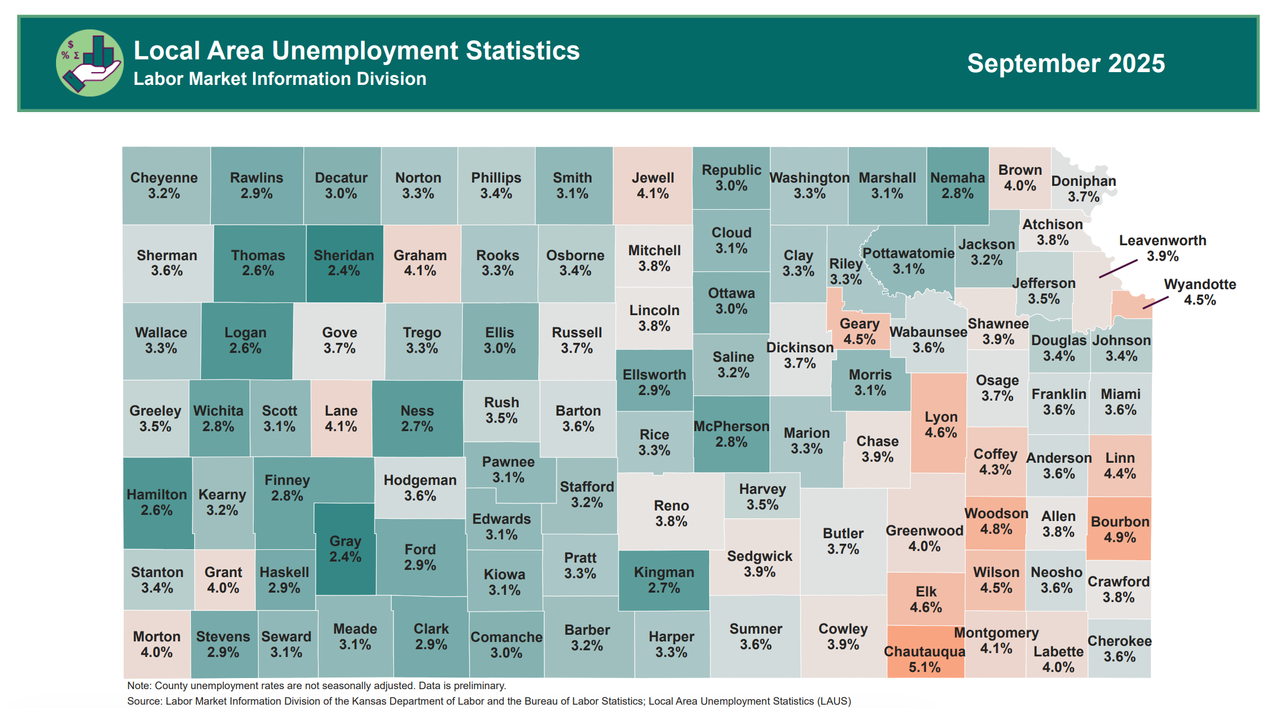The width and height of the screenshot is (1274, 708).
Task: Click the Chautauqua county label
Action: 924,651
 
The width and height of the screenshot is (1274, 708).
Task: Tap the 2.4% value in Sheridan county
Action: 343,271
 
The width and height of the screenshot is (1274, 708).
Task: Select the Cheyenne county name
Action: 164,178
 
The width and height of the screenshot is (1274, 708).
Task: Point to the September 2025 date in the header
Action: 1066,63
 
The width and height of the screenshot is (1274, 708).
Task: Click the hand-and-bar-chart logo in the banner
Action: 90,63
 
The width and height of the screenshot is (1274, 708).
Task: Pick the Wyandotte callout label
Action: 1200,285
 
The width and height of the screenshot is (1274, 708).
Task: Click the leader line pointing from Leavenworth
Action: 1118,269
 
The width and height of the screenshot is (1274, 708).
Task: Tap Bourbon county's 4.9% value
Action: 1120,537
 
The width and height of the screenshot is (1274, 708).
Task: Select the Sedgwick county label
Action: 760,556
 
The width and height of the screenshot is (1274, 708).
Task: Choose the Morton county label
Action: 156,636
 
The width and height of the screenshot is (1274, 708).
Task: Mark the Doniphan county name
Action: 1083,181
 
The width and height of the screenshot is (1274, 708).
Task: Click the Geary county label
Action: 860,323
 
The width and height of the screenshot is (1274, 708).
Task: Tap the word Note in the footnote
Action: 138,686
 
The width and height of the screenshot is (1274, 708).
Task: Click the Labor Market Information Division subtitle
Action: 280,79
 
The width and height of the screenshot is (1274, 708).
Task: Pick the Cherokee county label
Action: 1119,641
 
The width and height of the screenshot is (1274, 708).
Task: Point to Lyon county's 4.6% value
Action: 941,433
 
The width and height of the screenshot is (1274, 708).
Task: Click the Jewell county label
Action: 653,178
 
